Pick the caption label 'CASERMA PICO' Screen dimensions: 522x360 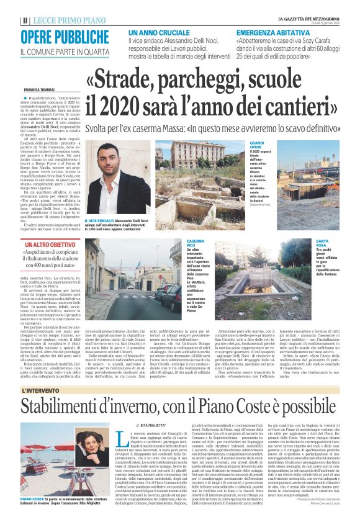[196, 243]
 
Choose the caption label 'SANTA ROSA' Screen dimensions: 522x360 [322, 243]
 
